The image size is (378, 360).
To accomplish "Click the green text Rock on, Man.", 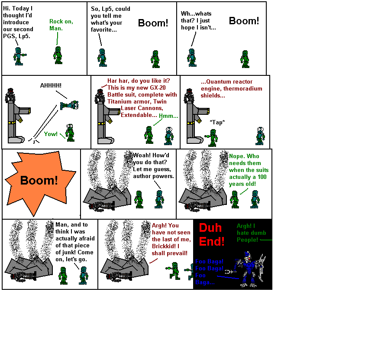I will (56, 25).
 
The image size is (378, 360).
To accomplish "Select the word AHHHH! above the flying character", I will (51, 85).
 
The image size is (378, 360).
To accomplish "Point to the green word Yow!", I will (51, 134).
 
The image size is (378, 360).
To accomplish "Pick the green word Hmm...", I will (168, 116).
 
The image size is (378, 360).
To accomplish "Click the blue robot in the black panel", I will (248, 269).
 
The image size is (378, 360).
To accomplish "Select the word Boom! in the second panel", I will (153, 23).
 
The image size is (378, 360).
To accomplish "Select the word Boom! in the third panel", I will (244, 21).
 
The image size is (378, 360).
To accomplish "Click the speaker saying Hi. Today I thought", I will (18, 56).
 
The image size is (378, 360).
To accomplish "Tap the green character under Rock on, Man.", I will (58, 55).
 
